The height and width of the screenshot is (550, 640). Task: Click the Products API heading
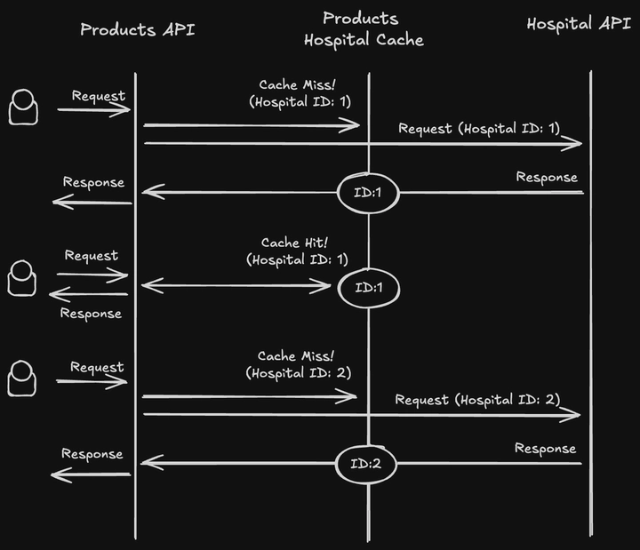137,29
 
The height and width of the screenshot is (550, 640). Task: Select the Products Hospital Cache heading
363,28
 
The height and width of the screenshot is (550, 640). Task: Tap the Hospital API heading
579,24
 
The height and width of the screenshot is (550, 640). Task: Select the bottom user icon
23,378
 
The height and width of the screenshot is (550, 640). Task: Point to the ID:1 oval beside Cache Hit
368,287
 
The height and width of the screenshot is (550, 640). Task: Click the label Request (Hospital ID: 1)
479,128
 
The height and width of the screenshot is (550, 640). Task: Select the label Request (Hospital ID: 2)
477,400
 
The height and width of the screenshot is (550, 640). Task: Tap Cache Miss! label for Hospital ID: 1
300,84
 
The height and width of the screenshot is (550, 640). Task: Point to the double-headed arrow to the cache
236,285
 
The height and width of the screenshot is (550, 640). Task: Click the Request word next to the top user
99,96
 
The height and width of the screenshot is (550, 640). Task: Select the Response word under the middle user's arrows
91,314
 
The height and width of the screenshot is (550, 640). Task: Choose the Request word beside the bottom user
97,367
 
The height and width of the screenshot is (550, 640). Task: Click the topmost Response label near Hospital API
547,178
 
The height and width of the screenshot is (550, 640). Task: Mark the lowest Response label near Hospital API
545,449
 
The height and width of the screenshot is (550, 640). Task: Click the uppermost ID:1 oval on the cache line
369,193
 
